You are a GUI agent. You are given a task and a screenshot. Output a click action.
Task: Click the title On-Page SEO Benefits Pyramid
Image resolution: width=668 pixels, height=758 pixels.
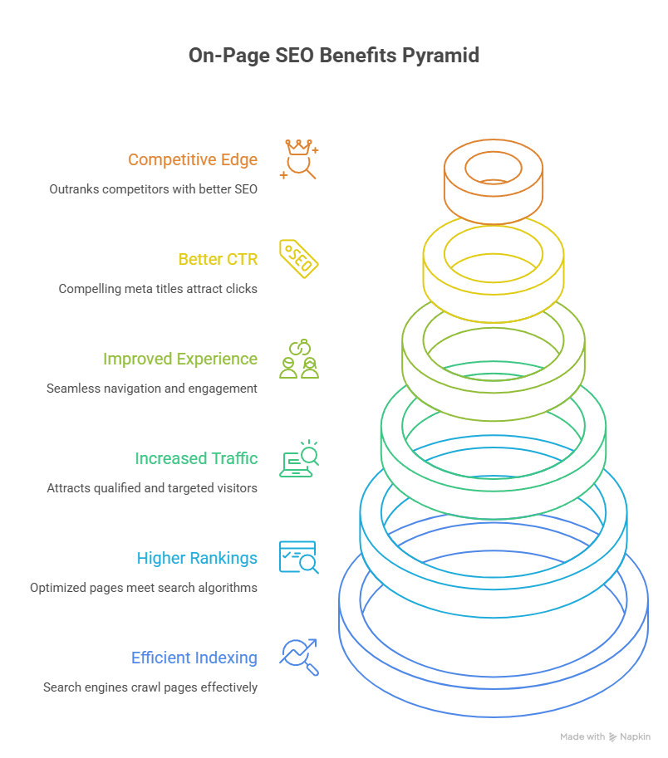pos(334,56)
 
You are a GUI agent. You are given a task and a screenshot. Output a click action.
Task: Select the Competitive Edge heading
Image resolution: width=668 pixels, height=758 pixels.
pos(193,159)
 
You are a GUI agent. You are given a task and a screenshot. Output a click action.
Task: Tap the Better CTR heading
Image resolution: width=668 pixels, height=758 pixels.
pos(218,259)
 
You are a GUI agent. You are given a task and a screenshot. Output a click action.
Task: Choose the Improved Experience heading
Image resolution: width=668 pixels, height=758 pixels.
pos(180,359)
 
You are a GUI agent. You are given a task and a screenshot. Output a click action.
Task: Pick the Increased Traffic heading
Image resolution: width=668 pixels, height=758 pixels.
pos(196,458)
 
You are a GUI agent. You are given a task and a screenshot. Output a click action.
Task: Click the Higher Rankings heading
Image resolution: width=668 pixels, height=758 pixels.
pos(197,558)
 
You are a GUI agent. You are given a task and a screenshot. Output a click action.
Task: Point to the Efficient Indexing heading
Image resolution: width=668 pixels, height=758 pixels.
pos(194,658)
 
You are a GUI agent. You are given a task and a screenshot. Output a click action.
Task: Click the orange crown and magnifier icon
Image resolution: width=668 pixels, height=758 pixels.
pos(299,159)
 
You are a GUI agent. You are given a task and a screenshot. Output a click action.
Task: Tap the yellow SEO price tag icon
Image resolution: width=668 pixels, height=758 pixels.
pos(299,259)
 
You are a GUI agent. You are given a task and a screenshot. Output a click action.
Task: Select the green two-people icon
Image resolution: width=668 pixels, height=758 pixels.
pos(299,359)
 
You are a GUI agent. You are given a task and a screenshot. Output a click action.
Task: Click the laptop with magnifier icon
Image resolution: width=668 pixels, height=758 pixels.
pos(299,459)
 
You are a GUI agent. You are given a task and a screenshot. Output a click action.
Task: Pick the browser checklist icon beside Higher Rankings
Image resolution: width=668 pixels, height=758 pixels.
pos(299,558)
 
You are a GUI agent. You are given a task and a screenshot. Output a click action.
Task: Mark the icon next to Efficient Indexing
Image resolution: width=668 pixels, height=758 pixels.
pos(299,658)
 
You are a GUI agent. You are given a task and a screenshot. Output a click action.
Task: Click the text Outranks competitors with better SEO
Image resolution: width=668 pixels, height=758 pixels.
pos(153,189)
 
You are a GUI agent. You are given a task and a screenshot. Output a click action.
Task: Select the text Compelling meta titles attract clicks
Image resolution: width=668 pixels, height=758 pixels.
pos(158,289)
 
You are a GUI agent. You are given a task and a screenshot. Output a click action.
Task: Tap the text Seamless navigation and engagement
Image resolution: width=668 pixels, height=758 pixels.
pos(152,389)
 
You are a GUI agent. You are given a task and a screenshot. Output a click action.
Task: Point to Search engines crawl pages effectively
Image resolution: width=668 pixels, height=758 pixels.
pos(150,687)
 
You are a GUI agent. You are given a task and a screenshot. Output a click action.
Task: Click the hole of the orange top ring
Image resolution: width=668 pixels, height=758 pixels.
pos(493,168)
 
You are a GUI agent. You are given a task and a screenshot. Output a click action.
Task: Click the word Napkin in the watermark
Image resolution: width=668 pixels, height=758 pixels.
pos(636,736)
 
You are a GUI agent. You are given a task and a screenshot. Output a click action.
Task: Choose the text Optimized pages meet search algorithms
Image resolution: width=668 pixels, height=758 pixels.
pos(144,588)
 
